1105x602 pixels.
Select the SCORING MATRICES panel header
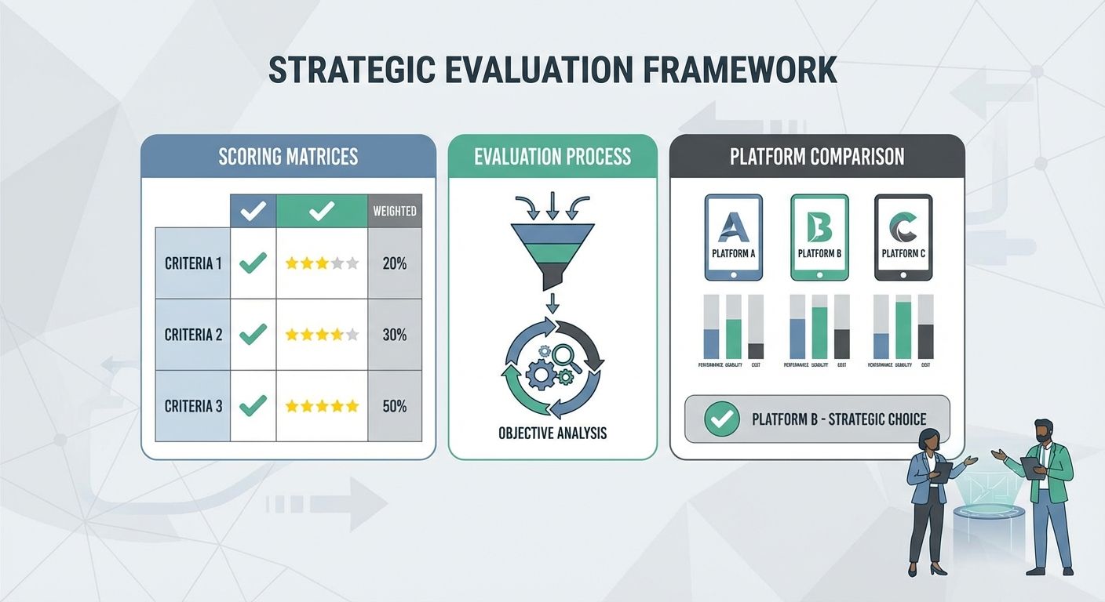click(288, 156)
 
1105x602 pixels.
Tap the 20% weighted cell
click(395, 263)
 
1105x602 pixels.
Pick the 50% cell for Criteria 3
click(395, 406)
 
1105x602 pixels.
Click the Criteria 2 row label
click(193, 335)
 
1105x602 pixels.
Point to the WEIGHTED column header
click(395, 211)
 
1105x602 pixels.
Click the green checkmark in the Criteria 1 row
click(253, 263)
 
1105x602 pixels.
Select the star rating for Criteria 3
click(322, 406)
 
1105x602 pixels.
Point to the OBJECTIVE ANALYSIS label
click(552, 432)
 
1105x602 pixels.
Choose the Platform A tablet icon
click(734, 237)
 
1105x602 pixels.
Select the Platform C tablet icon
click(903, 237)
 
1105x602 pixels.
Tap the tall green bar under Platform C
click(903, 330)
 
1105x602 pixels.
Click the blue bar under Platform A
click(712, 343)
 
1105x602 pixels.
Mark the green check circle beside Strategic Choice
click(722, 419)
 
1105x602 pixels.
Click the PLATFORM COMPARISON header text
click(817, 156)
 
